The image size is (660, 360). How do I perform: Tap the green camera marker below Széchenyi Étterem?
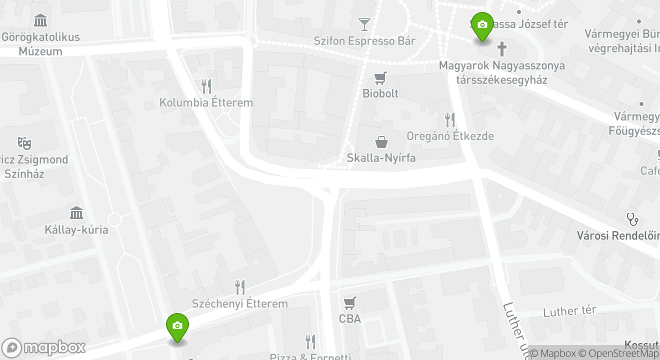click(x=177, y=326)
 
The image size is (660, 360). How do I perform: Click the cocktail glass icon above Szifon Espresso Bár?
click(x=364, y=24)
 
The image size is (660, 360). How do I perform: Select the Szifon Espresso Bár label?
click(x=364, y=40)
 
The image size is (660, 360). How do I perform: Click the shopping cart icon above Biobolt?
click(x=381, y=78)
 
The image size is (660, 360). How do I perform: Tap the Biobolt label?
click(x=380, y=93)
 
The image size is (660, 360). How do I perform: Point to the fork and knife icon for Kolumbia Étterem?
click(x=206, y=86)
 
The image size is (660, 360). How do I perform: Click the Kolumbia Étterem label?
click(x=206, y=102)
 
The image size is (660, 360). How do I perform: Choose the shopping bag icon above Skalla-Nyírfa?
click(x=381, y=142)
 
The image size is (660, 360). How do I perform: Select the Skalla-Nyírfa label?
click(x=381, y=157)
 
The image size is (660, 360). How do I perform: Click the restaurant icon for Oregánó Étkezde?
click(x=450, y=119)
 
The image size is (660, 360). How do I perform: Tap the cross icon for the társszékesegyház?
click(x=501, y=49)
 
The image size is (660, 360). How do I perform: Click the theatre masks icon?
click(x=24, y=143)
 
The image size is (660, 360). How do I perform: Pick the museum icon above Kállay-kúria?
click(x=76, y=213)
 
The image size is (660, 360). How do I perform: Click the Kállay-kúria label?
click(x=76, y=230)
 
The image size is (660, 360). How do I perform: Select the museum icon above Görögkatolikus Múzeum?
click(x=40, y=20)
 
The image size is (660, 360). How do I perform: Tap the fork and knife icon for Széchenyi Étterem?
click(x=240, y=287)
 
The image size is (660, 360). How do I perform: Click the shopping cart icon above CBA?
click(x=349, y=302)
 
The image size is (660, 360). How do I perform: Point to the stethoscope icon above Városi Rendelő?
click(x=632, y=219)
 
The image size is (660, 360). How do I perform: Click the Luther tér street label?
click(x=569, y=311)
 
